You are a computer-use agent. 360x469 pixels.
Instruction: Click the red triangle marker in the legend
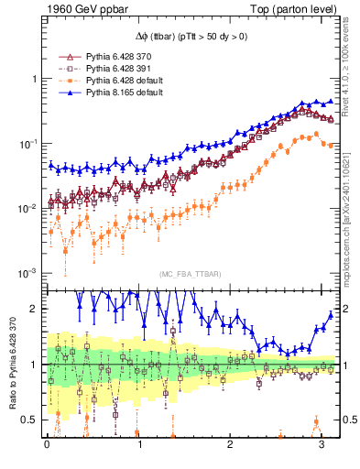pos(65,57)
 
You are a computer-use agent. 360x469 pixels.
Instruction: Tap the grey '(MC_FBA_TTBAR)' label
pos(188,274)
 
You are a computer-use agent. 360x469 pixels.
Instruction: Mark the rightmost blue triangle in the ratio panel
pos(331,313)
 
